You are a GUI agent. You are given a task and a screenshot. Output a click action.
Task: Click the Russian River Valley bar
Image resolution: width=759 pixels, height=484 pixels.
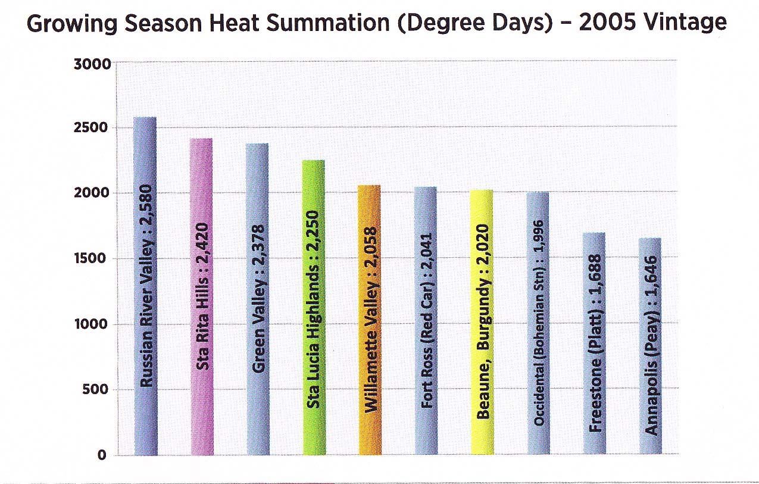click(x=146, y=286)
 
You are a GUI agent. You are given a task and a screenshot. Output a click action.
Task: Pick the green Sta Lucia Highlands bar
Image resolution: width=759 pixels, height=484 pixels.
click(x=314, y=307)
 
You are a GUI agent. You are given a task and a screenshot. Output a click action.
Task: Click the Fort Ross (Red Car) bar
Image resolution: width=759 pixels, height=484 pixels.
click(x=426, y=321)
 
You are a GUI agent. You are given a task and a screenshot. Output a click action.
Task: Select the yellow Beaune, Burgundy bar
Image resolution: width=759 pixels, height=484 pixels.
click(x=481, y=322)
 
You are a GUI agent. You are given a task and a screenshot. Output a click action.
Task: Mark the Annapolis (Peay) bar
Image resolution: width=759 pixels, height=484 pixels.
click(x=650, y=346)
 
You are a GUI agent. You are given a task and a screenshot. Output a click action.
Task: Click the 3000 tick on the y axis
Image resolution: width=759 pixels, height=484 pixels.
click(x=92, y=64)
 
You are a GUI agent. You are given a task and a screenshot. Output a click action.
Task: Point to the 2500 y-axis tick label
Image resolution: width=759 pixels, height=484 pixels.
click(x=92, y=129)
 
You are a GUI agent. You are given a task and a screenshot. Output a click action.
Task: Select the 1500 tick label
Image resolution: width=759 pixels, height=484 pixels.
click(x=92, y=259)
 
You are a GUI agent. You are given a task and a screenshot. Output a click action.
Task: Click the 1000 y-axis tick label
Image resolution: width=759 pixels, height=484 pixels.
click(x=92, y=324)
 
